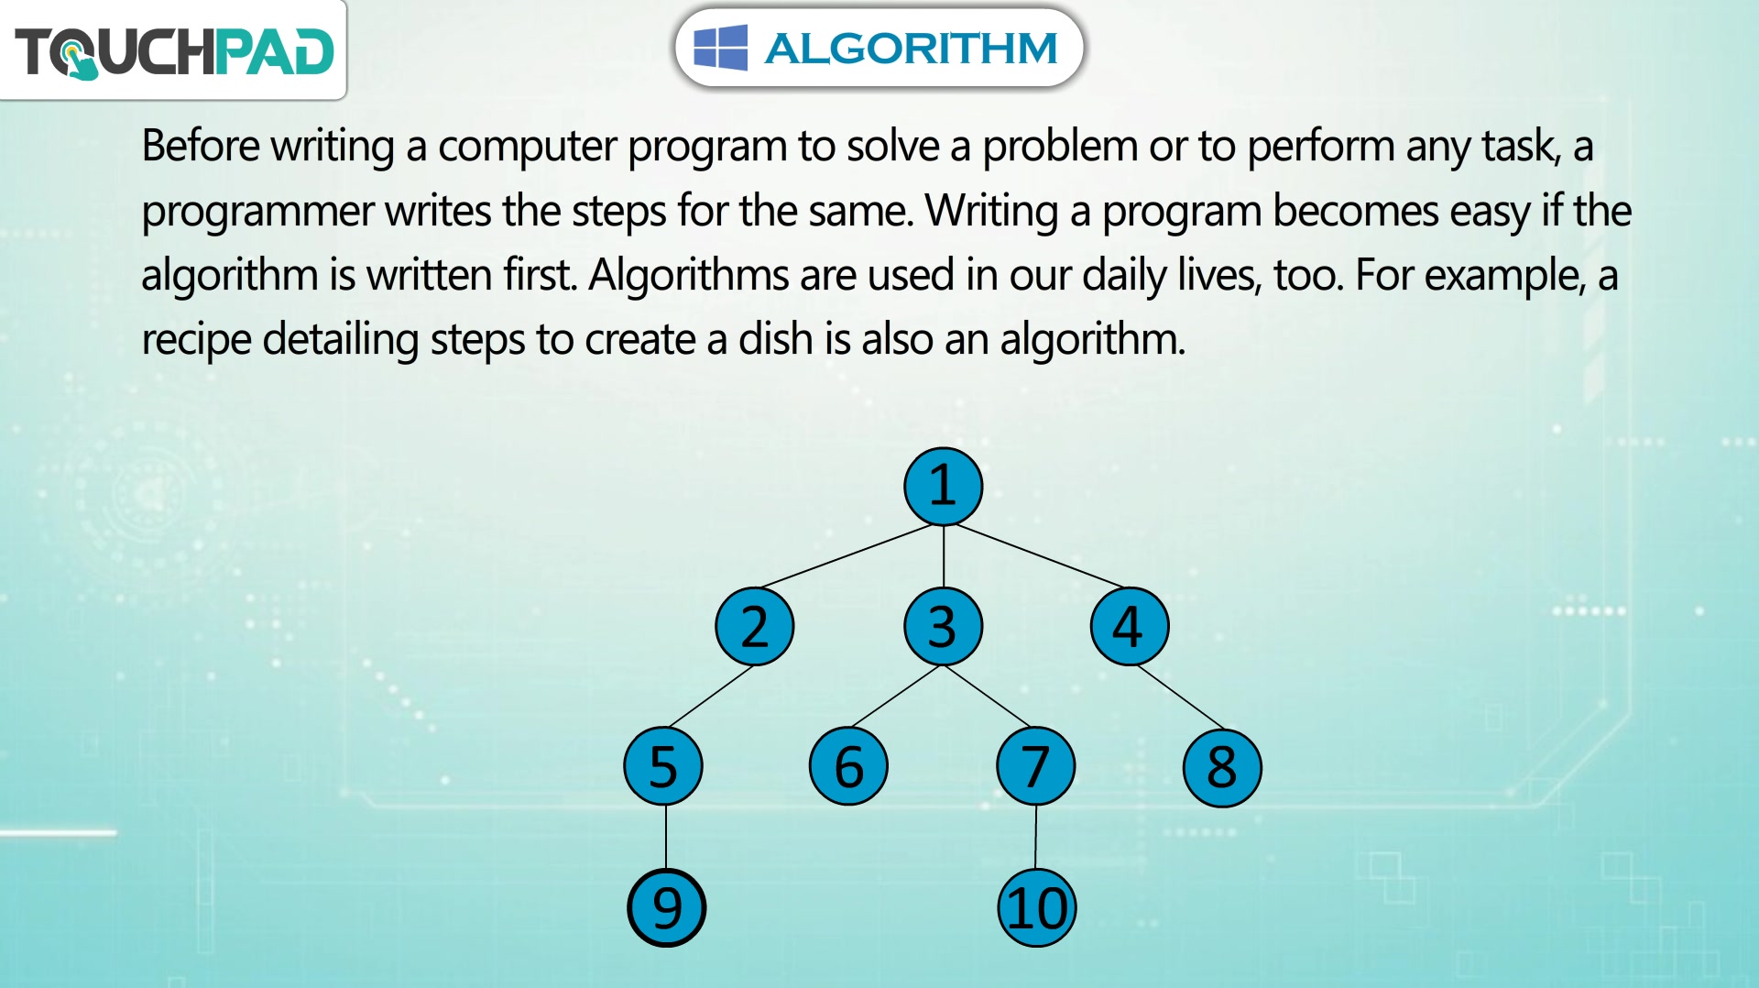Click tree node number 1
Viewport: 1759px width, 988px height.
coord(943,487)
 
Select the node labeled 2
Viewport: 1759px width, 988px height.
coord(755,627)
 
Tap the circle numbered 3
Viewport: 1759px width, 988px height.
coord(943,627)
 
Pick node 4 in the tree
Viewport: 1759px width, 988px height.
coord(1130,627)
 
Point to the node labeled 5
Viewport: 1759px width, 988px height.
coord(663,766)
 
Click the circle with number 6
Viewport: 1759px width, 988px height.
coord(849,766)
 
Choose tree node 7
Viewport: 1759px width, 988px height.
coord(1036,766)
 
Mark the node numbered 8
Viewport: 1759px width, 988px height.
coord(1222,768)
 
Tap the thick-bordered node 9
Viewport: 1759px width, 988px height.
coord(667,907)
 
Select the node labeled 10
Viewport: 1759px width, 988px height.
coord(1037,907)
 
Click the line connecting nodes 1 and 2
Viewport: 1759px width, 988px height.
coord(847,555)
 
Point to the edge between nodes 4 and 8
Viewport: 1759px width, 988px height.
coord(1180,697)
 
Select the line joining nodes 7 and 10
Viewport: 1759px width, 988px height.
coord(1036,837)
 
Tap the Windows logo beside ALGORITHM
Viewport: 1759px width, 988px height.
coord(720,48)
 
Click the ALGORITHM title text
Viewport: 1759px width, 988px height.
coord(911,49)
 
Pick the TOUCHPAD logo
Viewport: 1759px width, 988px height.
coord(174,51)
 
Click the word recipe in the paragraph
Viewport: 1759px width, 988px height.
coord(196,340)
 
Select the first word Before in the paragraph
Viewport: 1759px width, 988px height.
coord(201,146)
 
